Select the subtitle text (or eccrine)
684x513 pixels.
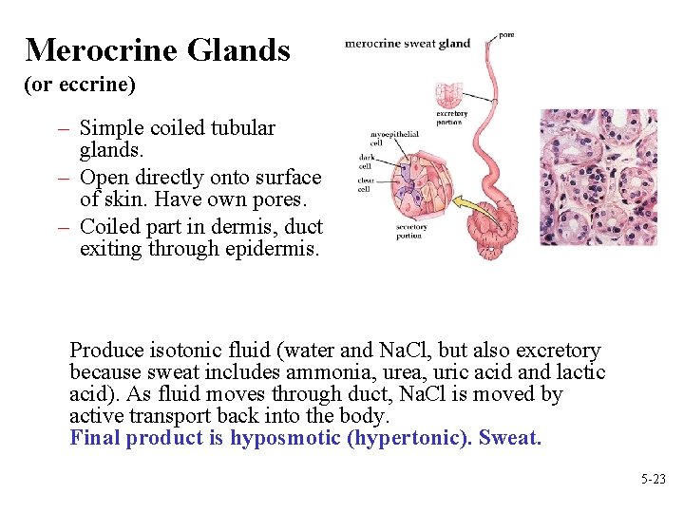80,85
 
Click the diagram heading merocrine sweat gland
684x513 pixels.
407,43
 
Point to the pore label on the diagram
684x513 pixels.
506,35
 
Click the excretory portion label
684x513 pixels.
452,118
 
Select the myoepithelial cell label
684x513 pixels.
393,138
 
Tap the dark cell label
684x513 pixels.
365,160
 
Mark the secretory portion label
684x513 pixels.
411,231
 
